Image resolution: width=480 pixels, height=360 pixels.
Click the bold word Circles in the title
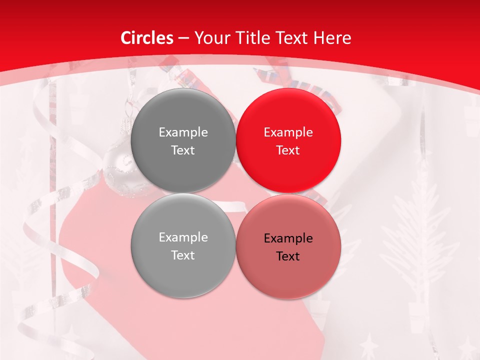click(x=147, y=38)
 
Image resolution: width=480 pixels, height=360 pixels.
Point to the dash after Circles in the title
click(x=183, y=38)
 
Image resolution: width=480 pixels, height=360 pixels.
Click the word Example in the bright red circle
click(x=288, y=132)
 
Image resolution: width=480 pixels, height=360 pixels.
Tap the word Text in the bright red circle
click(x=288, y=150)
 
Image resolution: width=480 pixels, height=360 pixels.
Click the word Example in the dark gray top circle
click(x=183, y=132)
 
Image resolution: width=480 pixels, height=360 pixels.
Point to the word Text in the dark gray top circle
click(x=183, y=150)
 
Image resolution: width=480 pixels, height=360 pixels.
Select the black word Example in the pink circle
click(x=288, y=238)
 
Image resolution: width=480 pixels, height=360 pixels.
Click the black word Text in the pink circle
click(x=288, y=256)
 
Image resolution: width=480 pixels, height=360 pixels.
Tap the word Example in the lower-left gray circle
click(x=183, y=237)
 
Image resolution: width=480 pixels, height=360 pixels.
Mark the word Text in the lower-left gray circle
click(x=183, y=255)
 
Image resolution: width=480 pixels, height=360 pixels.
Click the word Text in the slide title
click(x=295, y=38)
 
